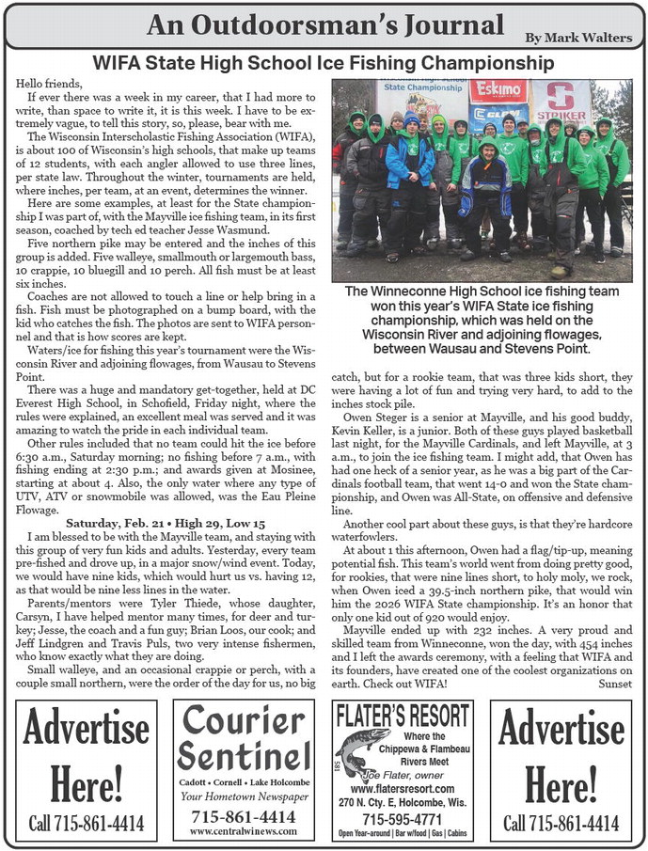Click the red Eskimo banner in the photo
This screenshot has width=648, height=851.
[498, 91]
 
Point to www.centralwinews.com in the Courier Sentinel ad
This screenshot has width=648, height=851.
[244, 831]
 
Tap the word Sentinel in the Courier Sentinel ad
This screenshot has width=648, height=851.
[244, 753]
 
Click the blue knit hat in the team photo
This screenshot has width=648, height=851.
[412, 120]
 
